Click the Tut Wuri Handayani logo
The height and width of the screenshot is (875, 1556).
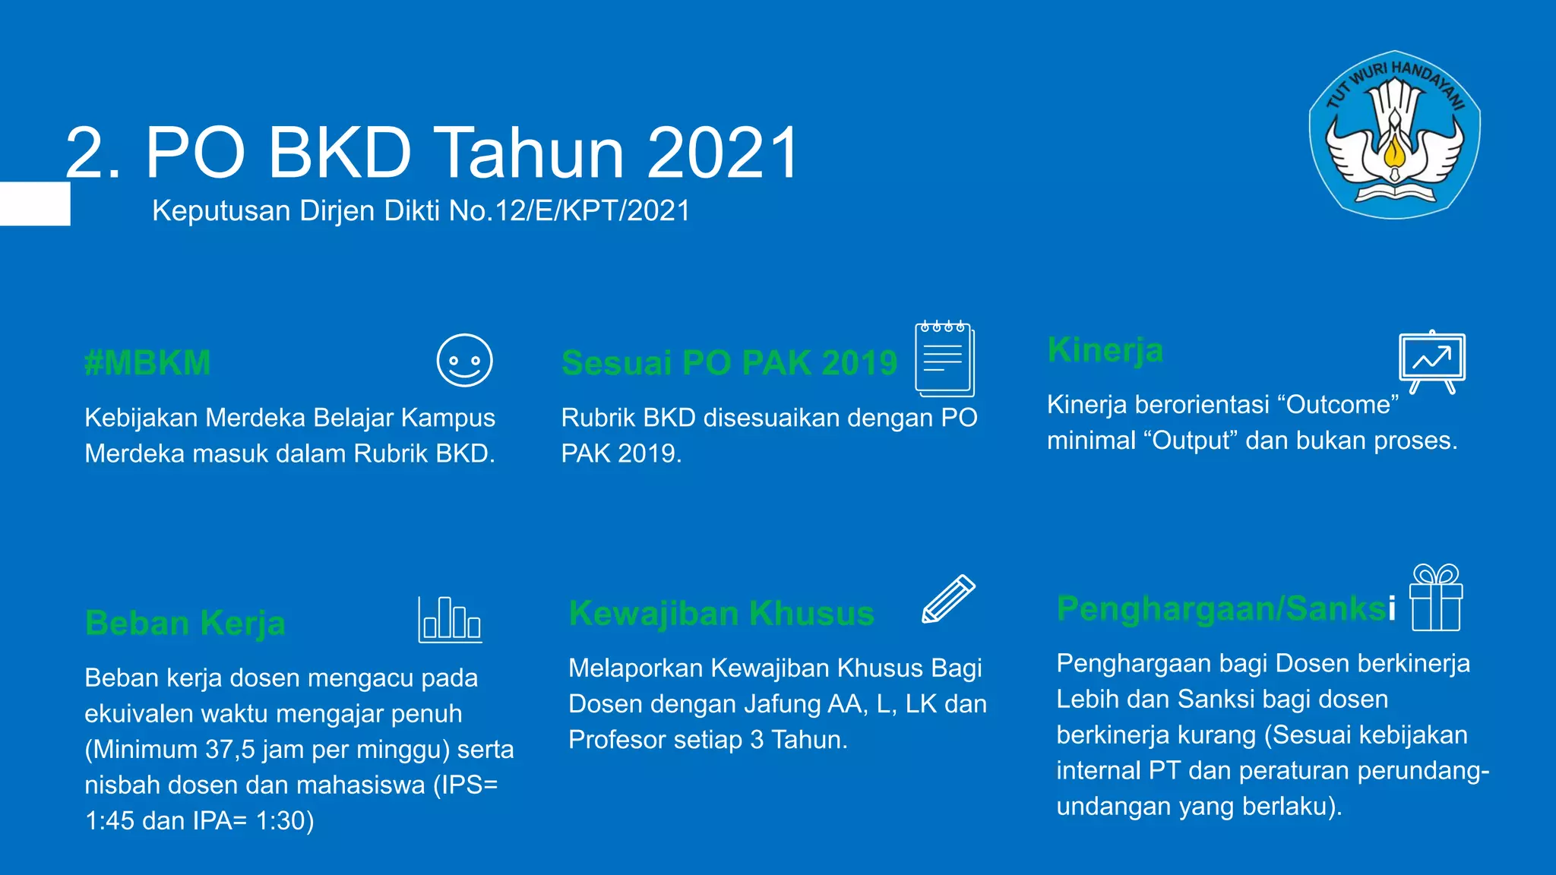(1394, 135)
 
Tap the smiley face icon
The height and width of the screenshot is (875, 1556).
(464, 361)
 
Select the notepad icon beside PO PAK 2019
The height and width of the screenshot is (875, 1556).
(944, 359)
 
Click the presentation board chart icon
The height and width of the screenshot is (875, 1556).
(1432, 361)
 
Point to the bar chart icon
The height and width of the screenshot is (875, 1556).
(450, 620)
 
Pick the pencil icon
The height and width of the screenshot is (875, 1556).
(948, 599)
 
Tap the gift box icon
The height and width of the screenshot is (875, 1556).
(1436, 598)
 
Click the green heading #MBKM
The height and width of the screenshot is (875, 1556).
(147, 363)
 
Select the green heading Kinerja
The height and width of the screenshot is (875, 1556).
(1105, 350)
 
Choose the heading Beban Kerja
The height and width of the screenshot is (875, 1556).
(185, 624)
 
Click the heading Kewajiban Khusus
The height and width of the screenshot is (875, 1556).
(721, 614)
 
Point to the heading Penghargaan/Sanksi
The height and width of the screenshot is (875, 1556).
(1226, 608)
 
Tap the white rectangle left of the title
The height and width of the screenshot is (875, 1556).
(35, 204)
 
